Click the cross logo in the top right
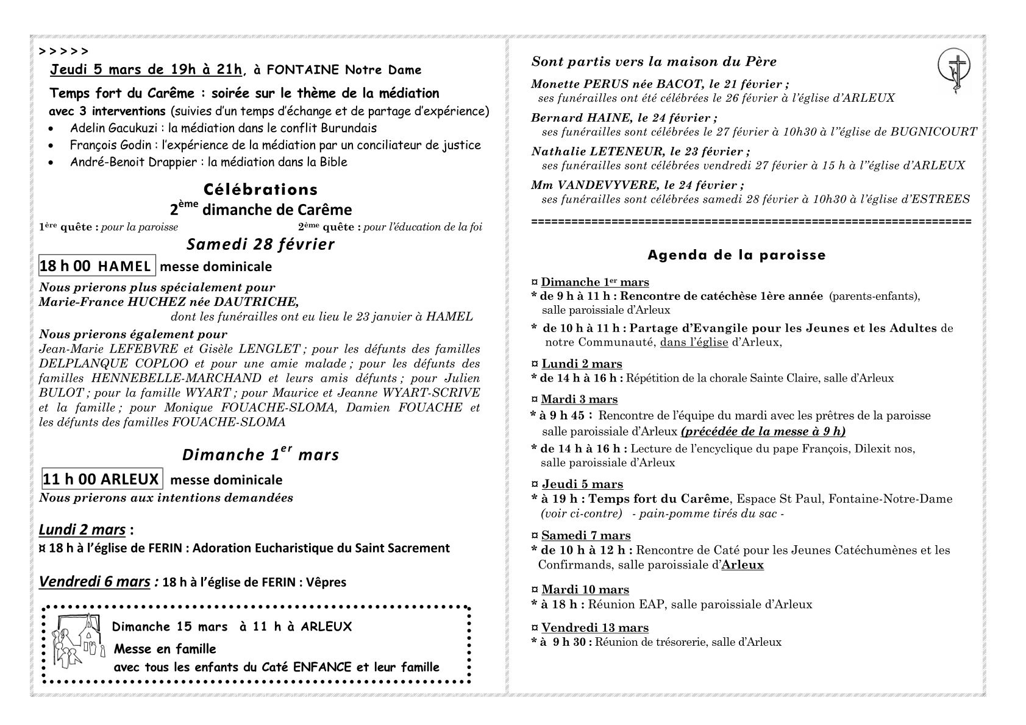coord(953,72)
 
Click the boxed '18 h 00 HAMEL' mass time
coord(96,266)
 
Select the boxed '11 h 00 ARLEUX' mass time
coord(101,479)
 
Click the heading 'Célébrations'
coord(261,189)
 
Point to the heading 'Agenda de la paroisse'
coord(736,255)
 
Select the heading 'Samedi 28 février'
coord(260,244)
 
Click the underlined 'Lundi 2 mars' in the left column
coord(82,529)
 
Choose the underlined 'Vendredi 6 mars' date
coord(94,582)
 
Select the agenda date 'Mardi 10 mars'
coord(585,589)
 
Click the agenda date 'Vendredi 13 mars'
coord(594,628)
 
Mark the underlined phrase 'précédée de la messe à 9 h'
coord(763,431)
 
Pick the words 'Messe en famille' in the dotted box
coord(165,649)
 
